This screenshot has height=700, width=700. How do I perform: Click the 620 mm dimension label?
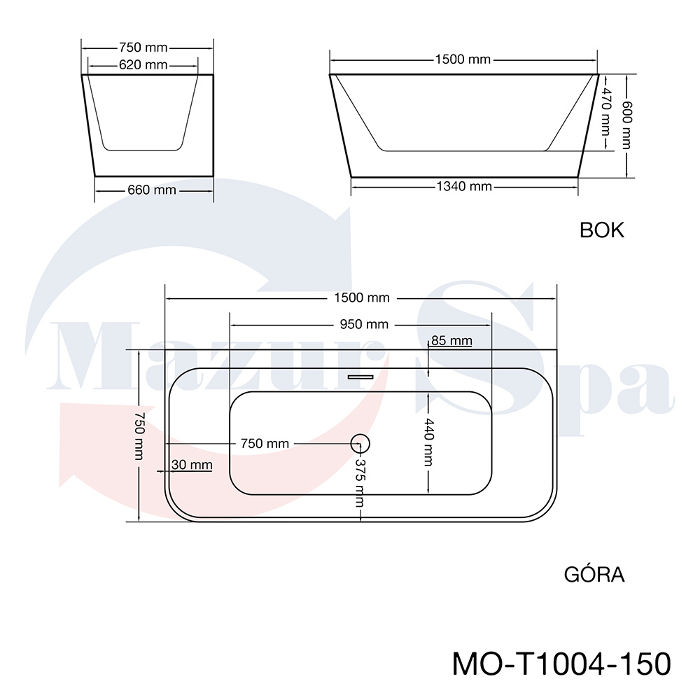[x=143, y=65]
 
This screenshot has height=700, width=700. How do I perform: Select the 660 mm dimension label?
[x=152, y=190]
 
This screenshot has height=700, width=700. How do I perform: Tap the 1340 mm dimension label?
[x=464, y=186]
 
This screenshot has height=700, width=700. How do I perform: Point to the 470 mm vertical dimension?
[x=605, y=112]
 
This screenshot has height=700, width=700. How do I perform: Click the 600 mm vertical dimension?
[x=627, y=125]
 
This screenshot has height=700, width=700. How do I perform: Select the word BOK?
[x=602, y=230]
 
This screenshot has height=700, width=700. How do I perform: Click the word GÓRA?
[x=594, y=574]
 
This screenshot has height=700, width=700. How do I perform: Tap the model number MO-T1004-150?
[x=561, y=664]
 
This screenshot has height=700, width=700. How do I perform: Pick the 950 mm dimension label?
[x=364, y=325]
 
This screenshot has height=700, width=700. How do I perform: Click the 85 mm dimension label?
[x=451, y=341]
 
